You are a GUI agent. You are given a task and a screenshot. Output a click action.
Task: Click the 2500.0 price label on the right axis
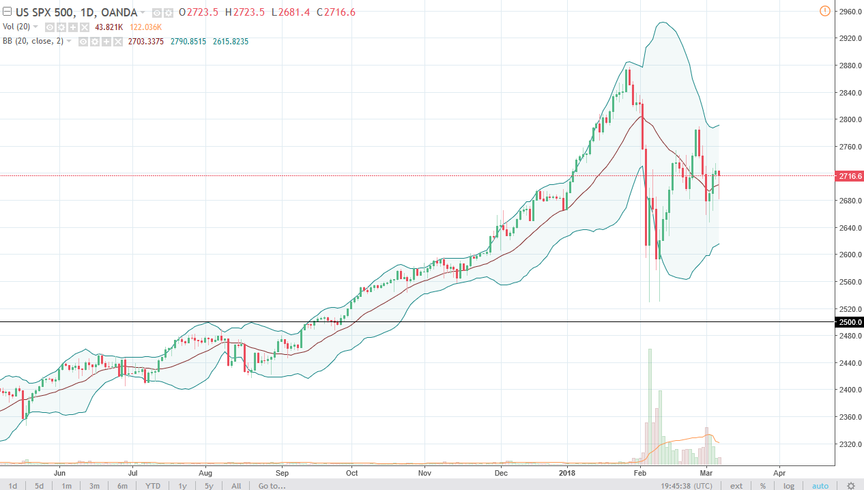pyautogui.click(x=849, y=322)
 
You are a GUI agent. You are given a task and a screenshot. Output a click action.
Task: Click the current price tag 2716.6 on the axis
pyautogui.click(x=849, y=176)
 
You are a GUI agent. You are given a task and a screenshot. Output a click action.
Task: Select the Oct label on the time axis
pyautogui.click(x=351, y=472)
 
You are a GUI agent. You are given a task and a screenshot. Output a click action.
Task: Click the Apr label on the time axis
pyautogui.click(x=779, y=472)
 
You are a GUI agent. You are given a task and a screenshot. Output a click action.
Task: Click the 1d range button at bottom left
pyautogui.click(x=12, y=486)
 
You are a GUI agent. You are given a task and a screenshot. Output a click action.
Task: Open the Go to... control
pyautogui.click(x=272, y=486)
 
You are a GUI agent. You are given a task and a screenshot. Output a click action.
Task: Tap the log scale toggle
pyautogui.click(x=788, y=486)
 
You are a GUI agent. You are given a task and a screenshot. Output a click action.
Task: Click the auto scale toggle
pyautogui.click(x=820, y=486)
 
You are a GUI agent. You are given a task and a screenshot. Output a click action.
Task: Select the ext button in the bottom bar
pyautogui.click(x=736, y=486)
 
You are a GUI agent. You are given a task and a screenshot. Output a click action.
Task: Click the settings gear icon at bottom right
pyautogui.click(x=850, y=486)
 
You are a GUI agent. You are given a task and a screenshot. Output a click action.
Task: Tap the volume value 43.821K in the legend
pyautogui.click(x=109, y=27)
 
